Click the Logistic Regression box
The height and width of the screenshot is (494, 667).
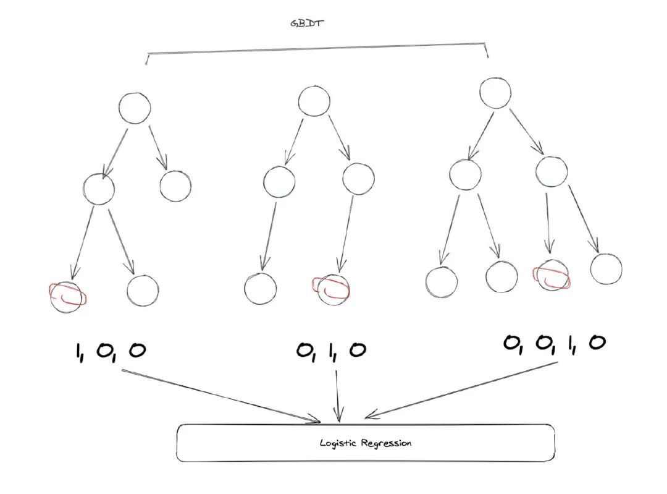[366, 443]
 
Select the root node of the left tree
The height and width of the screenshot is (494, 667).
[134, 108]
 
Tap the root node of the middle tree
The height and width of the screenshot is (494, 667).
[314, 101]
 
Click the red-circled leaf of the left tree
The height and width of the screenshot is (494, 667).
[67, 297]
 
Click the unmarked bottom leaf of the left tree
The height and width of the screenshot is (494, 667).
[143, 290]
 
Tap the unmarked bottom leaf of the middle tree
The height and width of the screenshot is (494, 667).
[260, 288]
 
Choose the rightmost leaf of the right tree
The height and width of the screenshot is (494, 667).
[606, 269]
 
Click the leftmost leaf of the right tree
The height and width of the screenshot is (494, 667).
[442, 281]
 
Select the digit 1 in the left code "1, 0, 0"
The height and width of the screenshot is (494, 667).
[79, 351]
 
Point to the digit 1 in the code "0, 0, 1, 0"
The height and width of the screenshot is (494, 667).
[570, 343]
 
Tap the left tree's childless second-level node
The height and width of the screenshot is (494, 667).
[175, 186]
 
